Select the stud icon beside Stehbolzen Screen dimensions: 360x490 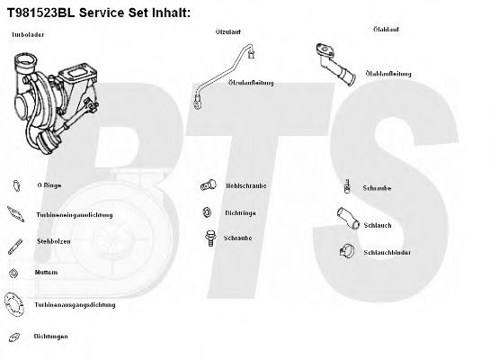(16, 244)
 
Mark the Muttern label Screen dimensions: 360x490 (47, 272)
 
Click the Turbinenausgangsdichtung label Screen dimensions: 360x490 (76, 304)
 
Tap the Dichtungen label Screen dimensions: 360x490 (51, 337)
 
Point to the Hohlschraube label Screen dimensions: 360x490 (244, 187)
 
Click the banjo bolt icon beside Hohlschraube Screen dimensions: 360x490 (208, 185)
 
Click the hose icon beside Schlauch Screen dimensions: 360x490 (346, 218)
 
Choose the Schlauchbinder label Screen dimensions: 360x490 (388, 253)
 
